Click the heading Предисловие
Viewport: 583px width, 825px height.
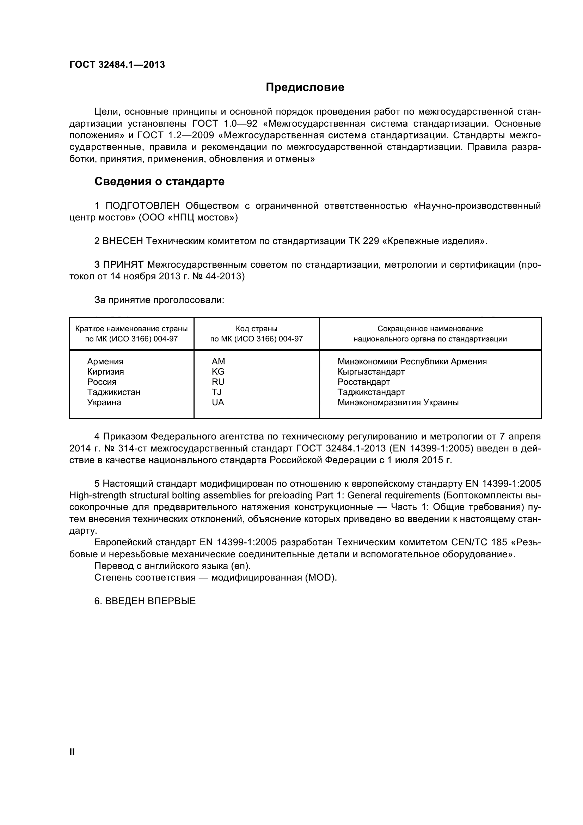305,87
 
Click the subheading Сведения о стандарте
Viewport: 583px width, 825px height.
159,181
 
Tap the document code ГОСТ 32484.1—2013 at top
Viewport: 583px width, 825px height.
117,65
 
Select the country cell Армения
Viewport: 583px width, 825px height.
105,362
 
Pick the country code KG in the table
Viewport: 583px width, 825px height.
218,371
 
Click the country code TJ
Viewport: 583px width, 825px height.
216,392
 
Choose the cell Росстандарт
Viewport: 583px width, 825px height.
363,382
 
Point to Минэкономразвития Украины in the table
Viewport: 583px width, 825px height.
398,402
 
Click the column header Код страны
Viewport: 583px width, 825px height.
256,329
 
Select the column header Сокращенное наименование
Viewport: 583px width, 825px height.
430,329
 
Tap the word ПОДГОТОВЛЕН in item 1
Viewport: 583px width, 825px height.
142,206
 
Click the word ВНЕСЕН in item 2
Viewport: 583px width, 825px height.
122,241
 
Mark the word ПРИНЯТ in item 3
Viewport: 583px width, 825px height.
123,265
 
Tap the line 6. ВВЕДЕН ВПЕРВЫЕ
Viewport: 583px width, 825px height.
145,601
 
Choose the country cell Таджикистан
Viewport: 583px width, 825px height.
114,392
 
